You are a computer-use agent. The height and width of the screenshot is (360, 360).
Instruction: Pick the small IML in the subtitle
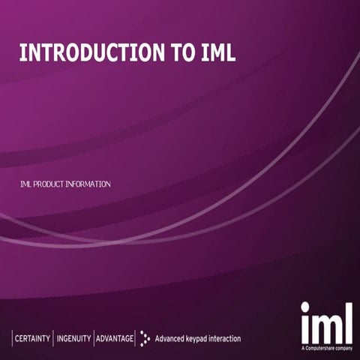pyautogui.click(x=26, y=184)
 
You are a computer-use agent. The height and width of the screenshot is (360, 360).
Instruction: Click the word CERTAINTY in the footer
pyautogui.click(x=33, y=338)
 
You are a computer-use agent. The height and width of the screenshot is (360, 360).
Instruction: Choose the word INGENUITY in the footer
pyautogui.click(x=73, y=338)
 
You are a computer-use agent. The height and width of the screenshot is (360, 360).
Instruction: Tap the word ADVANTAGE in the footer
pyautogui.click(x=115, y=338)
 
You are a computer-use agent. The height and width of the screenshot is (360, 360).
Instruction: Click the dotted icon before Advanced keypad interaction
pyautogui.click(x=145, y=338)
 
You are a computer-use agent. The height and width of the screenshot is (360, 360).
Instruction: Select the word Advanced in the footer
pyautogui.click(x=171, y=338)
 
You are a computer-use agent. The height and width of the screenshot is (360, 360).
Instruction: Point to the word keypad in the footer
pyautogui.click(x=204, y=338)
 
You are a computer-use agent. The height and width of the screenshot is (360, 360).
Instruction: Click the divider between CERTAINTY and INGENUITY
pyautogui.click(x=53, y=338)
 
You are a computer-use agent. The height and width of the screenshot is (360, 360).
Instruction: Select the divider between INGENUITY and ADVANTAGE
pyautogui.click(x=94, y=338)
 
